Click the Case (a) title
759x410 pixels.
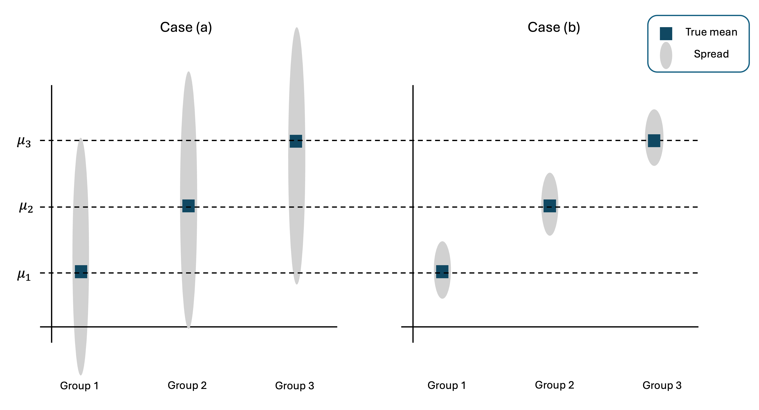[x=186, y=27]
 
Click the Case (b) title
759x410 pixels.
[x=554, y=27]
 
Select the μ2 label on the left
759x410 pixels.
[x=26, y=207]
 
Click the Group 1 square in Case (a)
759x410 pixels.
[x=81, y=271]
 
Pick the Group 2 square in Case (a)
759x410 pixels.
[x=189, y=206]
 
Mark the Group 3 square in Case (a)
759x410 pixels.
[x=296, y=141]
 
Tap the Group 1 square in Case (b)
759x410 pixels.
[x=442, y=271]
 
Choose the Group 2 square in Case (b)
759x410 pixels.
[x=550, y=206]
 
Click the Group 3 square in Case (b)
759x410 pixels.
[x=654, y=141]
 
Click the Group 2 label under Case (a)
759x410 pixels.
[x=187, y=385]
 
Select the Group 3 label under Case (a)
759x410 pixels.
[x=295, y=386]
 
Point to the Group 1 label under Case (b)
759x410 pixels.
[x=447, y=385]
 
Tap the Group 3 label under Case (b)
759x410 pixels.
[x=662, y=385]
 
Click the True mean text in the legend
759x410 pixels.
[x=711, y=32]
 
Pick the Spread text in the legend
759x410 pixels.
[x=711, y=54]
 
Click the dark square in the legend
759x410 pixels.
[x=666, y=34]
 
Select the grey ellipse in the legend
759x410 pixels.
[x=666, y=55]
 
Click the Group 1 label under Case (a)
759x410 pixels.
[x=79, y=386]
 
